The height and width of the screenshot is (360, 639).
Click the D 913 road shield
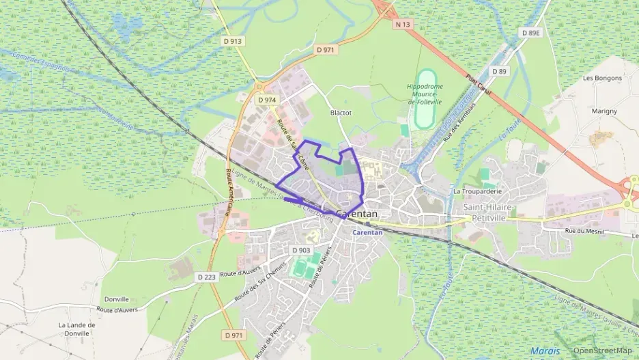tap(232, 41)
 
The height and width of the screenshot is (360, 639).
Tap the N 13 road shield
tap(403, 24)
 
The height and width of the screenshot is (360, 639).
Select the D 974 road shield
tap(267, 100)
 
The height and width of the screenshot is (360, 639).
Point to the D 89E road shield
tap(530, 32)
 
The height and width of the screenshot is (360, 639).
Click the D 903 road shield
tap(301, 250)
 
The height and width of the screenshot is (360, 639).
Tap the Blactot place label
tap(340, 113)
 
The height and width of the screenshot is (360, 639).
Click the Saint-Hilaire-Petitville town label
tap(489, 212)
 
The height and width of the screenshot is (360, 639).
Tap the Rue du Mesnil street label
tap(580, 231)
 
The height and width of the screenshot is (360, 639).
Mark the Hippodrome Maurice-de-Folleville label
tap(425, 94)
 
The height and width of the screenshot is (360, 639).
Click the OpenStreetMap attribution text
tap(602, 350)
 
